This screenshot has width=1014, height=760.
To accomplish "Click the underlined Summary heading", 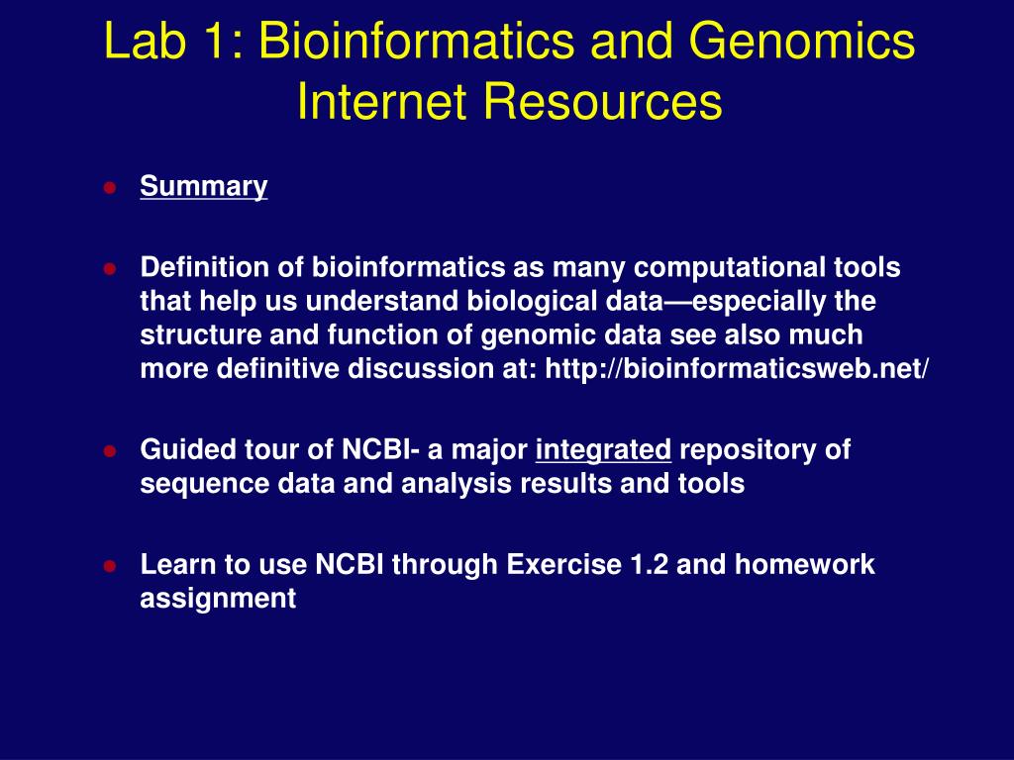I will (x=204, y=186).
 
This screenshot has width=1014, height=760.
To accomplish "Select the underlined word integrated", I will (x=604, y=450).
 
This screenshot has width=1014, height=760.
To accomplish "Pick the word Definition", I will (x=196, y=267).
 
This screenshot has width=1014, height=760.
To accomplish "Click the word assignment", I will (x=218, y=599).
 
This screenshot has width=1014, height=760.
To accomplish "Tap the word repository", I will (x=765, y=450).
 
